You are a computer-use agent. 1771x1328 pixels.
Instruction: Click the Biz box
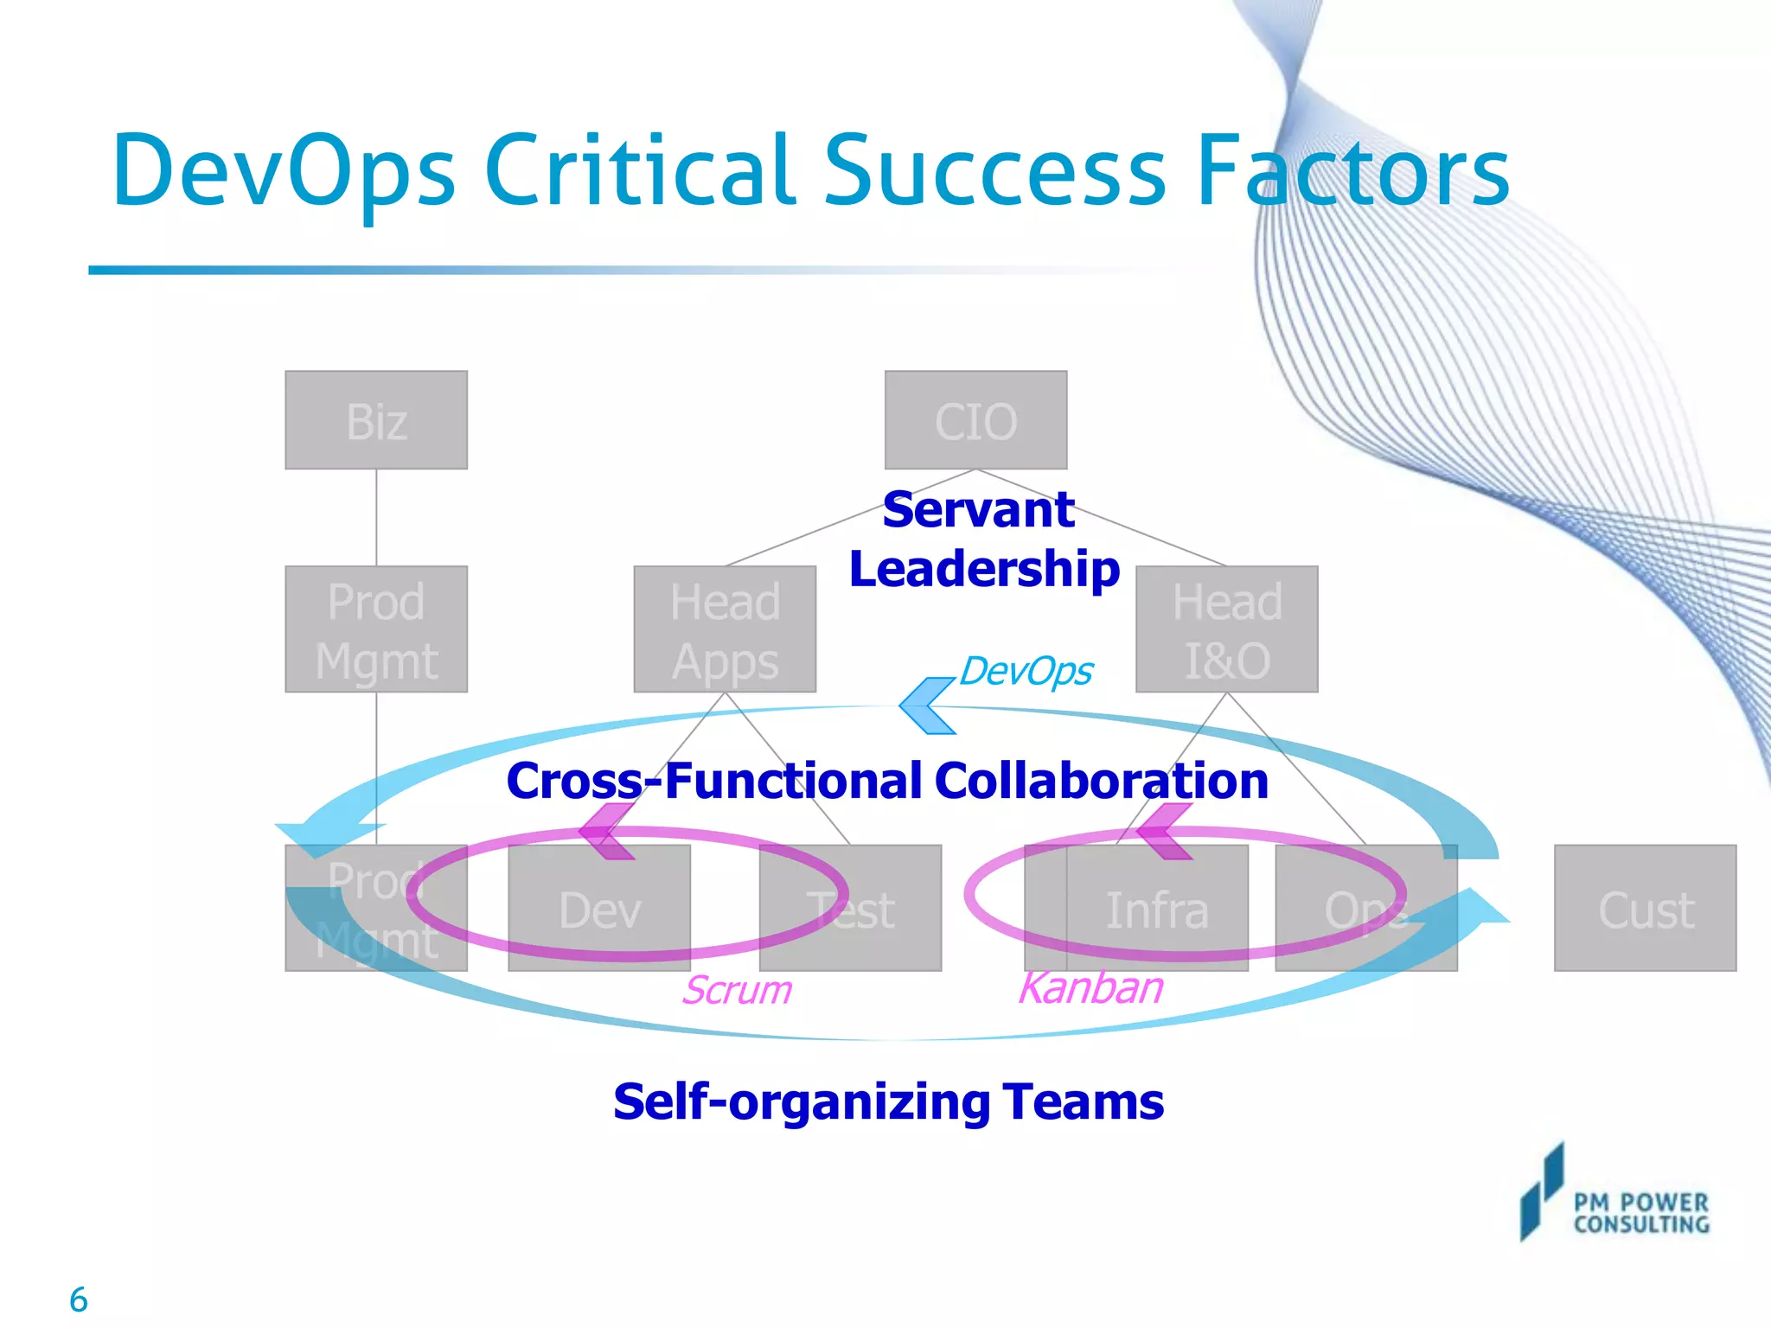tap(376, 421)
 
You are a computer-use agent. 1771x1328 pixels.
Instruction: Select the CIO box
tap(975, 421)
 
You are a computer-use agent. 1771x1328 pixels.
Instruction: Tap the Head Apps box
tap(725, 630)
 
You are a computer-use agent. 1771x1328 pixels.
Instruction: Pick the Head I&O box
tap(1226, 630)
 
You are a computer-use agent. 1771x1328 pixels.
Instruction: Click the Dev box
tap(599, 909)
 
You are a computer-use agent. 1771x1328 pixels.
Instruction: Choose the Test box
tap(851, 909)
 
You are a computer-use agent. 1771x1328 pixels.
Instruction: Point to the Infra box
tap(1156, 909)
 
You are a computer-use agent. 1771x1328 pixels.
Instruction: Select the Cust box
tap(1645, 909)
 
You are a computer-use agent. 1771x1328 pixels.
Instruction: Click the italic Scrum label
tap(737, 990)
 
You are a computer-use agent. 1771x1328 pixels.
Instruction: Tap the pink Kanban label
tap(1090, 988)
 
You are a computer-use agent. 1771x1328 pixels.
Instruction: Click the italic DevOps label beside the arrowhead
tap(1026, 672)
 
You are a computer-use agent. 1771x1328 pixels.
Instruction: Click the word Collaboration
tap(1101, 781)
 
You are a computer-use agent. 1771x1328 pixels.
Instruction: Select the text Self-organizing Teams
tap(888, 1102)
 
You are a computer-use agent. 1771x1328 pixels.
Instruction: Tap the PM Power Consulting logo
tap(1614, 1197)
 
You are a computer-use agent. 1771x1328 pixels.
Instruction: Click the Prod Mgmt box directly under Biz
tap(376, 630)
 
